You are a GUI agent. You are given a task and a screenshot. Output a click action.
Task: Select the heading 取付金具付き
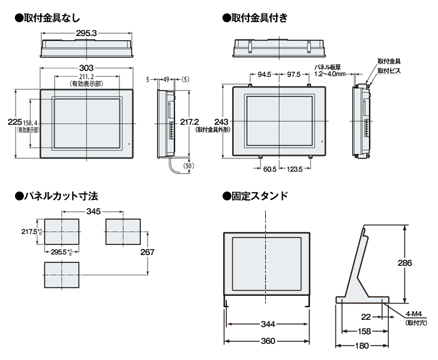click(x=259, y=17)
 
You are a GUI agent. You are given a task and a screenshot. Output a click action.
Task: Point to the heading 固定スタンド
click(x=259, y=195)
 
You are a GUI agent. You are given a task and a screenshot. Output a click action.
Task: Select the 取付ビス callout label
click(x=389, y=70)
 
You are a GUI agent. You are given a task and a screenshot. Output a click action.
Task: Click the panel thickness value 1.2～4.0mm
click(x=331, y=74)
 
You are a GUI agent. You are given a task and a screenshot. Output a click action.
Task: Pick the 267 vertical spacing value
click(x=148, y=253)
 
